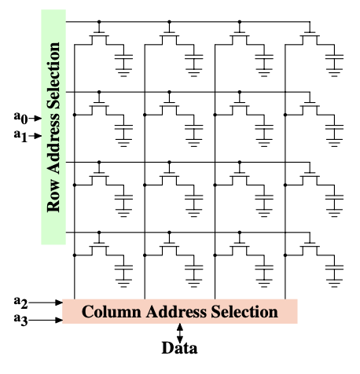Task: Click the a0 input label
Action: [20, 118]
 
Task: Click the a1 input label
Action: [20, 136]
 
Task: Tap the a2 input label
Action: [20, 302]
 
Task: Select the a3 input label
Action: [20, 320]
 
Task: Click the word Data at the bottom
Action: [179, 348]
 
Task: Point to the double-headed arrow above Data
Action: [180, 333]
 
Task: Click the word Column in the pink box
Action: [111, 312]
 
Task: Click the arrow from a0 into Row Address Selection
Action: [35, 119]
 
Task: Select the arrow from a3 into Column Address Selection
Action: [46, 320]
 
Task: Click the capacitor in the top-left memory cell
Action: [123, 57]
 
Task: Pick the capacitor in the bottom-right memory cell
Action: [334, 268]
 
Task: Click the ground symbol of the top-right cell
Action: [334, 72]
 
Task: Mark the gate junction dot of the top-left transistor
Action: [99, 22]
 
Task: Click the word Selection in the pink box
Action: [244, 312]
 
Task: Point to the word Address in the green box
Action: [53, 143]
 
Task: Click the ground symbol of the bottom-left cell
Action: [123, 283]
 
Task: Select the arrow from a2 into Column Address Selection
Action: [46, 302]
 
